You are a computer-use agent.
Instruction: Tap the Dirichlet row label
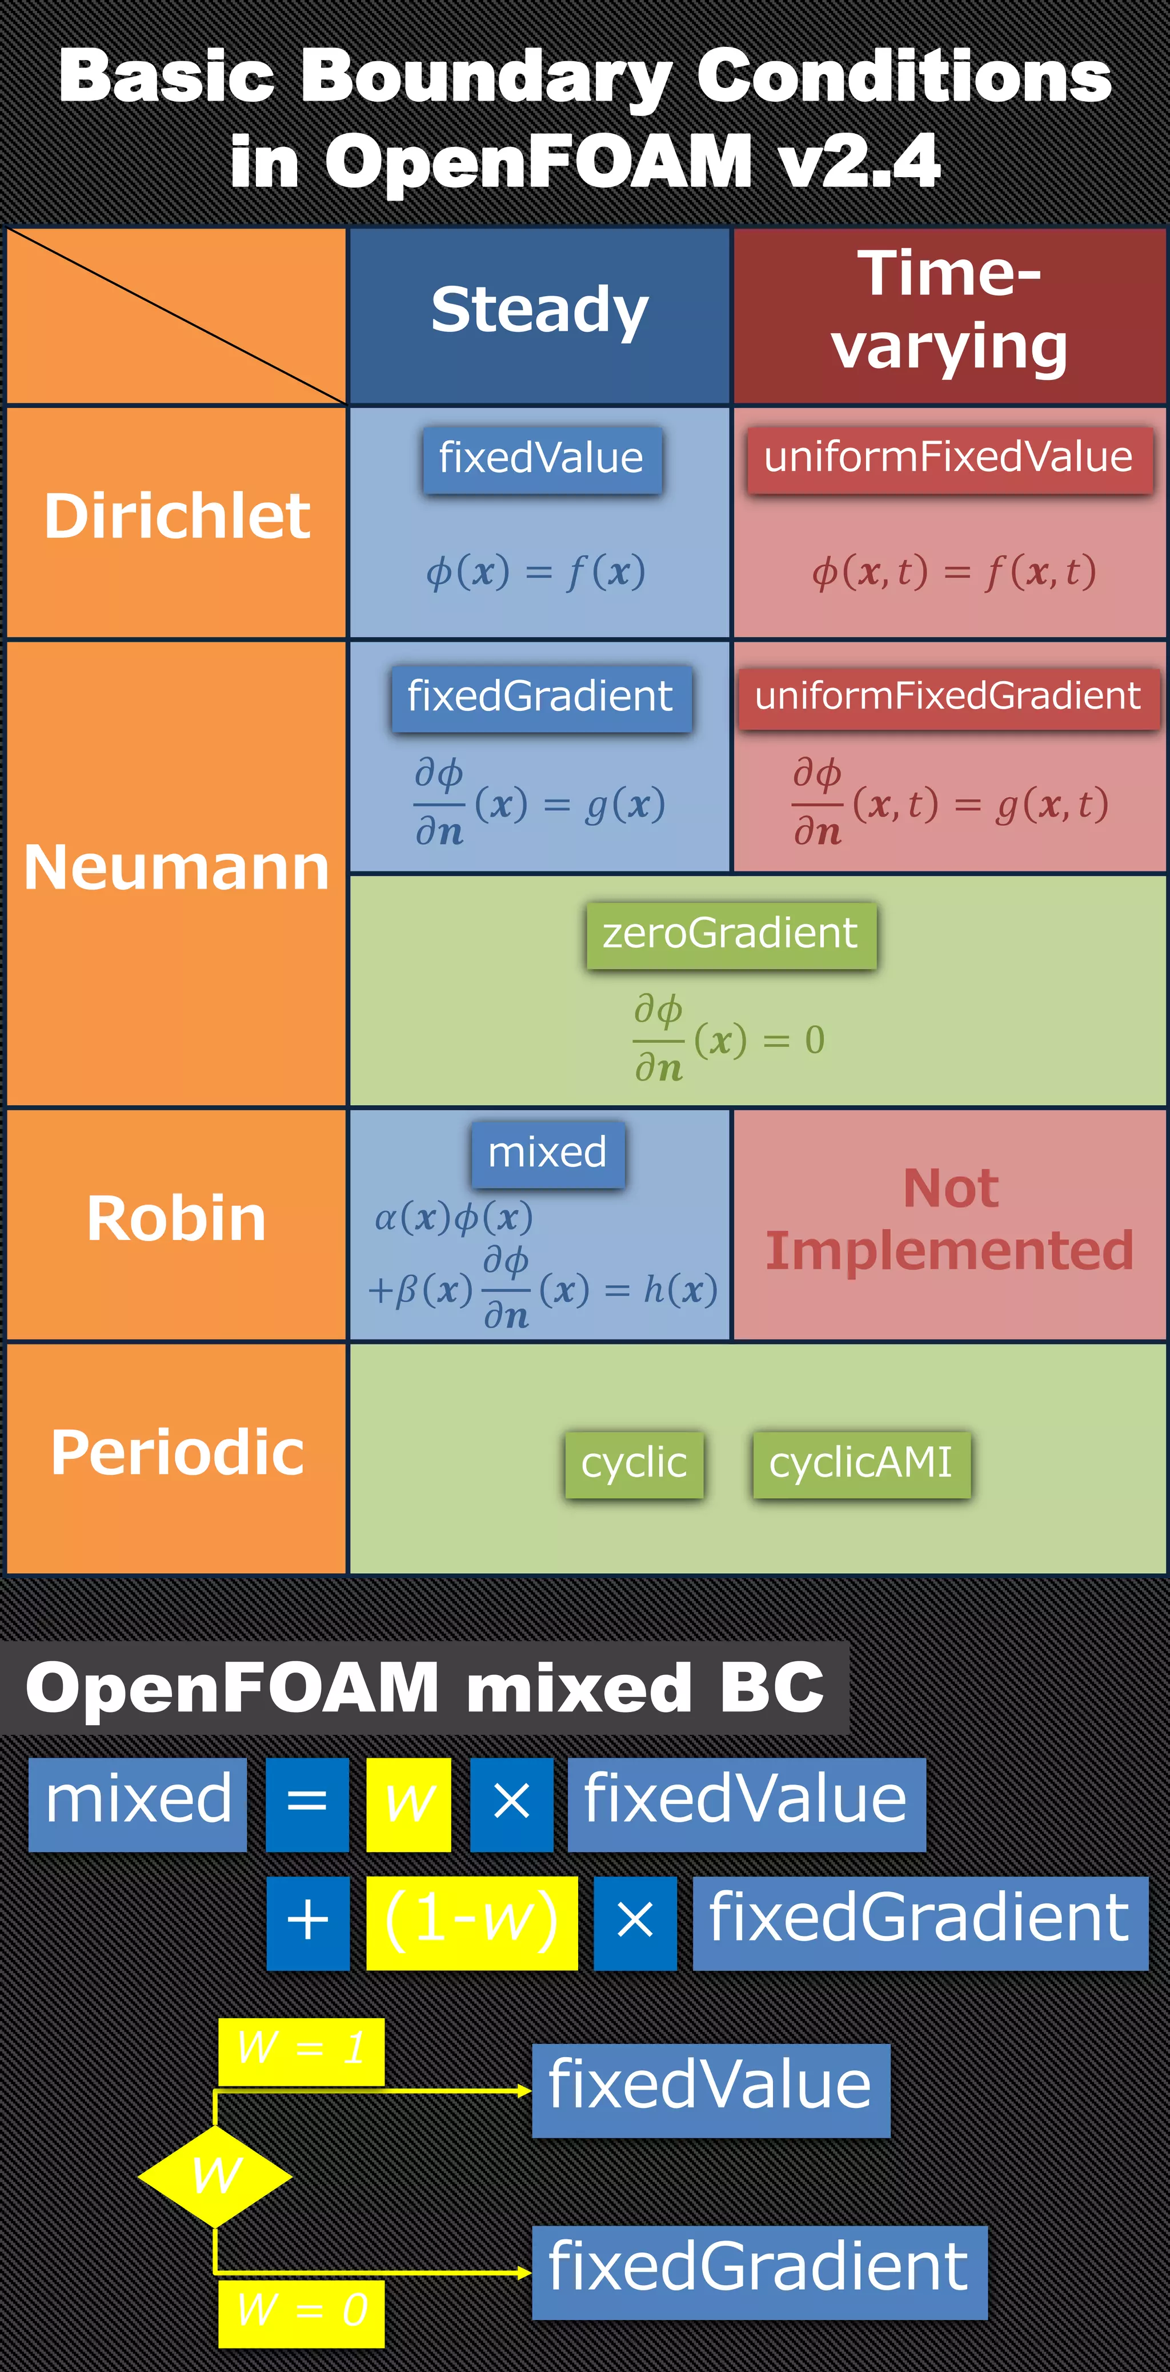point(177,517)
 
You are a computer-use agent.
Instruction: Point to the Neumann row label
point(177,869)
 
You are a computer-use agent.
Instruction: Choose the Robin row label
point(177,1219)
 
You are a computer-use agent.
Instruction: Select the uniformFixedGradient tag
point(948,696)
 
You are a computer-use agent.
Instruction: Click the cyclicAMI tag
point(861,1463)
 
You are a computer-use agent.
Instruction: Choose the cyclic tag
point(634,1463)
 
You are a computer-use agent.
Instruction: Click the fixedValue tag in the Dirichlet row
point(541,458)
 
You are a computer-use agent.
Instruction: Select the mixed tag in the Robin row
point(548,1153)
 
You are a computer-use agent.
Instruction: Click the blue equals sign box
point(307,1804)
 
